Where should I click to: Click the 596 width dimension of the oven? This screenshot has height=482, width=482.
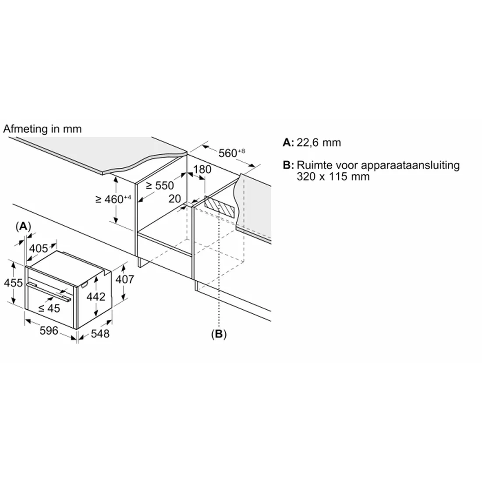49,331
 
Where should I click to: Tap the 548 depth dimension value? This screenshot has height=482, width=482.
100,333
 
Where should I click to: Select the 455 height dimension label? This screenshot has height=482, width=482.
13,283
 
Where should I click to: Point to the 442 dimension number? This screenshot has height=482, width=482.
96,297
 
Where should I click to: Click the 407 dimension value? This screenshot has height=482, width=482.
125,279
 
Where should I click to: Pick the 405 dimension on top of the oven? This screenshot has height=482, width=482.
39,248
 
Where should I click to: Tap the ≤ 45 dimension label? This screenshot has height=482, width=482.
49,308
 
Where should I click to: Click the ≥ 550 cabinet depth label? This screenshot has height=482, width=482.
160,185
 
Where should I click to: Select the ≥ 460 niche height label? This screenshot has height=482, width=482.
113,199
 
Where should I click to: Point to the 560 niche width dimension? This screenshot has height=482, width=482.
232,152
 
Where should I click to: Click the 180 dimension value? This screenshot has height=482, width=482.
202,170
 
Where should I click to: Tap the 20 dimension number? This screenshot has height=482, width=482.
174,199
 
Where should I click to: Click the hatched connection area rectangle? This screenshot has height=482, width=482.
220,207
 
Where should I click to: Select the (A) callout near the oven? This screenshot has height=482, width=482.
23,227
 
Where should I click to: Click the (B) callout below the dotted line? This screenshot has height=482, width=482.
219,334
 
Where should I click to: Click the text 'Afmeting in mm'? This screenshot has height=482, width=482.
43,129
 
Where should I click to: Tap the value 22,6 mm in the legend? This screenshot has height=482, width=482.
319,143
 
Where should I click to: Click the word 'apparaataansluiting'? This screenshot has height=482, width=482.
410,165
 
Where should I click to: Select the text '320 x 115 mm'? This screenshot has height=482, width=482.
333,177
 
